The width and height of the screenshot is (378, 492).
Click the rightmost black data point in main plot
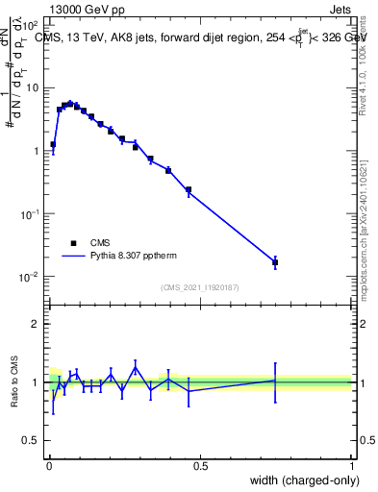pyautogui.click(x=275, y=261)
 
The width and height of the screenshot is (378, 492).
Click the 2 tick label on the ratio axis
pyautogui.click(x=37, y=324)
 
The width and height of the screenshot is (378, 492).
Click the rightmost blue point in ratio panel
pyautogui.click(x=275, y=381)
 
